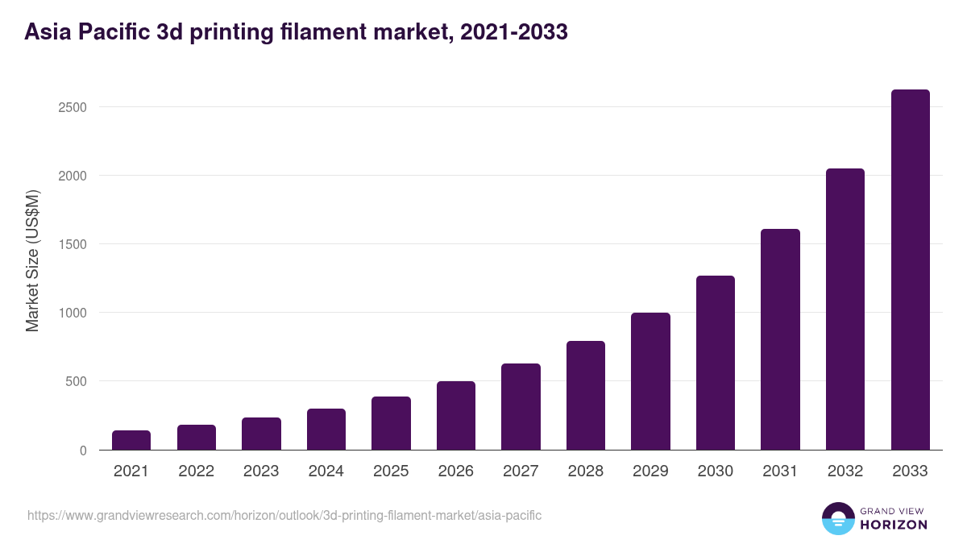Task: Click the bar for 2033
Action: click(910, 270)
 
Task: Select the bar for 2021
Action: click(131, 440)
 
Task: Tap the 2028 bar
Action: click(586, 395)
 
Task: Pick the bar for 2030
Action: click(716, 363)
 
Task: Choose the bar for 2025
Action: click(391, 423)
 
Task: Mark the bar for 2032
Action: click(845, 309)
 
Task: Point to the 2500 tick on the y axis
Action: click(72, 107)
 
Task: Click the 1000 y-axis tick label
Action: click(72, 313)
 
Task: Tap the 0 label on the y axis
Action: click(82, 451)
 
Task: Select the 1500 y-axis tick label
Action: click(72, 244)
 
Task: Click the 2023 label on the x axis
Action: click(261, 471)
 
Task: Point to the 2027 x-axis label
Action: click(521, 471)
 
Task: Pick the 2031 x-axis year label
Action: click(780, 471)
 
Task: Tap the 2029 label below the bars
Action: click(650, 471)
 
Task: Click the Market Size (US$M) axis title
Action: click(32, 260)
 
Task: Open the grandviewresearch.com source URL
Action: click(284, 515)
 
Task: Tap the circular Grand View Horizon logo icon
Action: click(837, 518)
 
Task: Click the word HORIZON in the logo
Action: click(894, 525)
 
